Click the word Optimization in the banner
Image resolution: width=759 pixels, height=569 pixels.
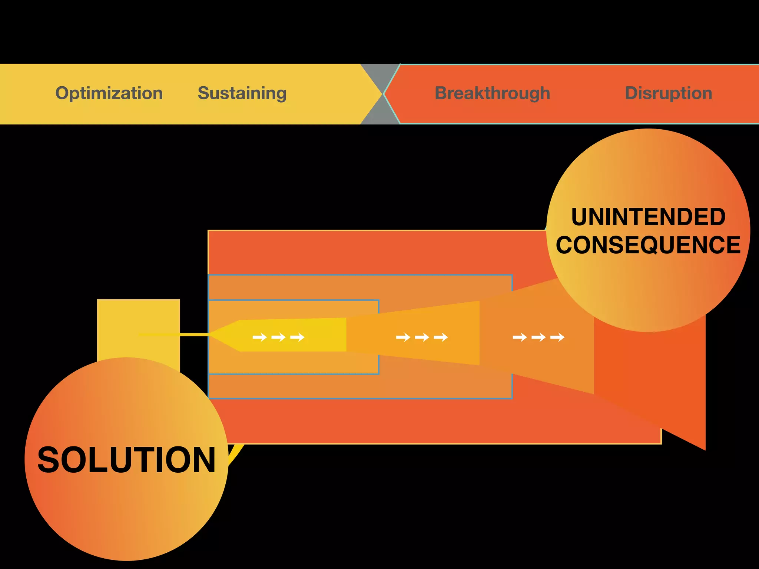pyautogui.click(x=109, y=93)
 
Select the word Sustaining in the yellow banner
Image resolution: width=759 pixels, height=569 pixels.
pyautogui.click(x=242, y=93)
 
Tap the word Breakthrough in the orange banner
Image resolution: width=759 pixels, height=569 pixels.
pyautogui.click(x=492, y=93)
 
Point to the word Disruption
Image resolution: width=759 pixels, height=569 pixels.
pyautogui.click(x=669, y=93)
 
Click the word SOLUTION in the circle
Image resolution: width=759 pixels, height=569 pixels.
pyautogui.click(x=126, y=460)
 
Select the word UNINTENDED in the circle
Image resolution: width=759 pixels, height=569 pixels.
pyautogui.click(x=648, y=217)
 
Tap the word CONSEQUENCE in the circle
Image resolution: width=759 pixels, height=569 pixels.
pyautogui.click(x=648, y=245)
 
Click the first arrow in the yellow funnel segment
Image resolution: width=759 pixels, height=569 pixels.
pyautogui.click(x=259, y=337)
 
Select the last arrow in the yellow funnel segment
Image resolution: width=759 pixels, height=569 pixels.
pyautogui.click(x=297, y=337)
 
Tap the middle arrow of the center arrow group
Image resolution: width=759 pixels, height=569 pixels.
pyautogui.click(x=422, y=337)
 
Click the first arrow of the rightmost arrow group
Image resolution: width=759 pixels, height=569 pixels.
pyautogui.click(x=520, y=337)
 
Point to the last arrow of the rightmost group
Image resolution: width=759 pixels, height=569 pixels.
pyautogui.click(x=557, y=337)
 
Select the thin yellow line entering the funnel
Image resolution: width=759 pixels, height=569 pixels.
pyautogui.click(x=174, y=335)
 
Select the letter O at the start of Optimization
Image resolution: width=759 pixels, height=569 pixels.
pyautogui.click(x=62, y=93)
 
